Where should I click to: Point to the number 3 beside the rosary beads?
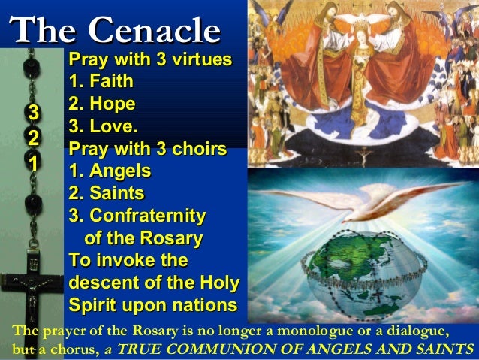(x=32, y=113)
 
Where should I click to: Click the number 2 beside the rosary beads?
(x=32, y=138)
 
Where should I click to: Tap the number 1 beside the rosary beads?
(x=32, y=162)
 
